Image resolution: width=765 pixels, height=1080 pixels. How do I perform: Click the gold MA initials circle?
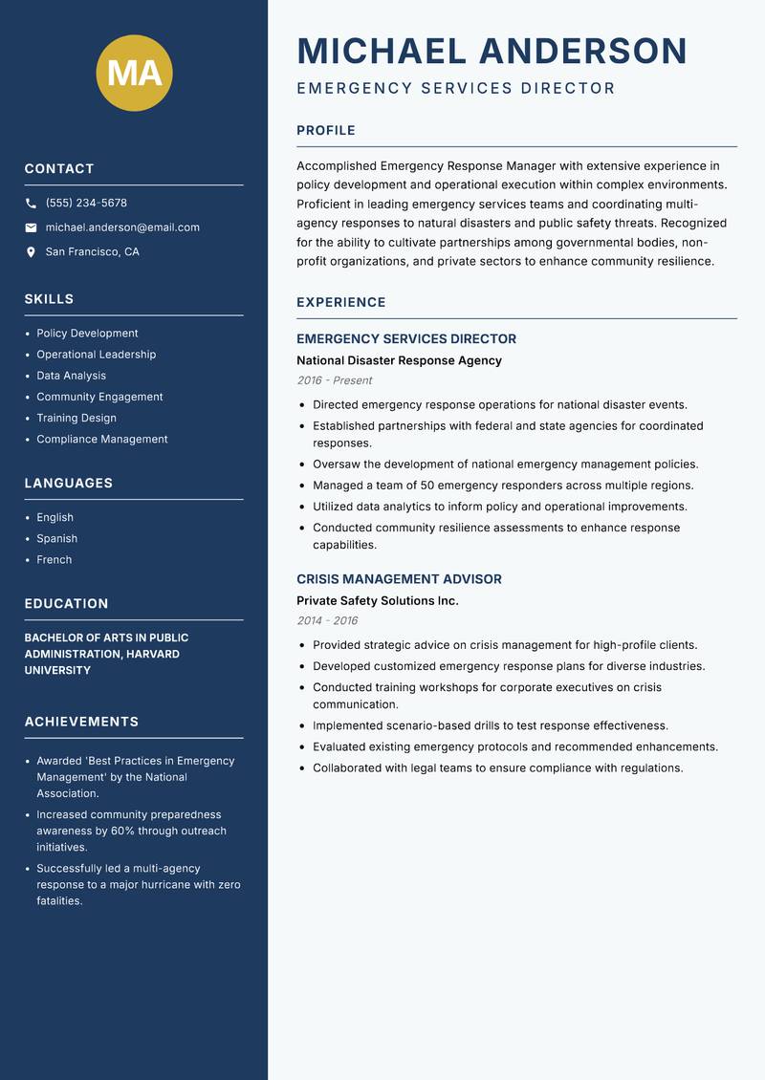pyautogui.click(x=135, y=74)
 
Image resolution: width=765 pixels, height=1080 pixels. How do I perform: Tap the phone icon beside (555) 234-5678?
pyautogui.click(x=31, y=204)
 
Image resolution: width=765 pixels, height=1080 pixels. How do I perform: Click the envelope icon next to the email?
pyautogui.click(x=31, y=227)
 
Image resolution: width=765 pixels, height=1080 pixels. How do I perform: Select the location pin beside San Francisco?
pyautogui.click(x=31, y=252)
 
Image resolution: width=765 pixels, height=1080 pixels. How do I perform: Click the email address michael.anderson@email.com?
pyautogui.click(x=122, y=227)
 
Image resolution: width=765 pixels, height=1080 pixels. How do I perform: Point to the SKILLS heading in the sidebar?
pyautogui.click(x=49, y=299)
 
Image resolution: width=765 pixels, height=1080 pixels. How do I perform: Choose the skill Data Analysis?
pyautogui.click(x=71, y=376)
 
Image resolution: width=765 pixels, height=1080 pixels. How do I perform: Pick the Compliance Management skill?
pyautogui.click(x=101, y=439)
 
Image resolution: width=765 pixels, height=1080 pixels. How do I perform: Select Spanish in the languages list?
pyautogui.click(x=56, y=538)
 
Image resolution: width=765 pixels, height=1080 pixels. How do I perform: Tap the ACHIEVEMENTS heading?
pyautogui.click(x=81, y=722)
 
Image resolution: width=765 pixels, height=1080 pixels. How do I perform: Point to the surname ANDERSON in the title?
pyautogui.click(x=582, y=51)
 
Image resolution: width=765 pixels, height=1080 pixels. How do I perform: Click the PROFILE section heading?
pyautogui.click(x=325, y=131)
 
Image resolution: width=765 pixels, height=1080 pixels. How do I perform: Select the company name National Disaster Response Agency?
pyautogui.click(x=399, y=360)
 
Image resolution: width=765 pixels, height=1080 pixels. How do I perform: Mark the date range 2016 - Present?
pyautogui.click(x=334, y=380)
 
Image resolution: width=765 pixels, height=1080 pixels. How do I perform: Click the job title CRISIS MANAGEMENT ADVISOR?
pyautogui.click(x=399, y=579)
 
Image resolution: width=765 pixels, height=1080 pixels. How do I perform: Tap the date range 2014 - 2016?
pyautogui.click(x=327, y=620)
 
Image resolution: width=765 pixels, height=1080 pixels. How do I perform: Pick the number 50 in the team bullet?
pyautogui.click(x=427, y=486)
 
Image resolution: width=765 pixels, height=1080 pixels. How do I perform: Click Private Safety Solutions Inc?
pyautogui.click(x=377, y=601)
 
